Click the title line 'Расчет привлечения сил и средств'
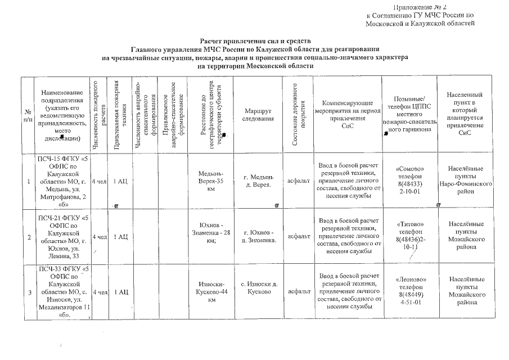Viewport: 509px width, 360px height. [255, 41]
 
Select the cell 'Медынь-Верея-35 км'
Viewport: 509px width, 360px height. [211, 181]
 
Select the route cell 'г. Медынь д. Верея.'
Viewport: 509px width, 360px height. [259, 181]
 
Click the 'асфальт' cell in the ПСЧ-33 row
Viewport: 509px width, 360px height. [299, 292]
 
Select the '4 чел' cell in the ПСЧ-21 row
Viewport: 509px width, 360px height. [100, 237]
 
